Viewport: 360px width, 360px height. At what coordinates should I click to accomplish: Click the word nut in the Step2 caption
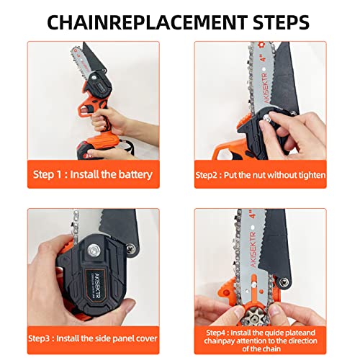[x=256, y=174]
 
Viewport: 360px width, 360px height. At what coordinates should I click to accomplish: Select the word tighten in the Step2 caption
[x=310, y=174]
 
